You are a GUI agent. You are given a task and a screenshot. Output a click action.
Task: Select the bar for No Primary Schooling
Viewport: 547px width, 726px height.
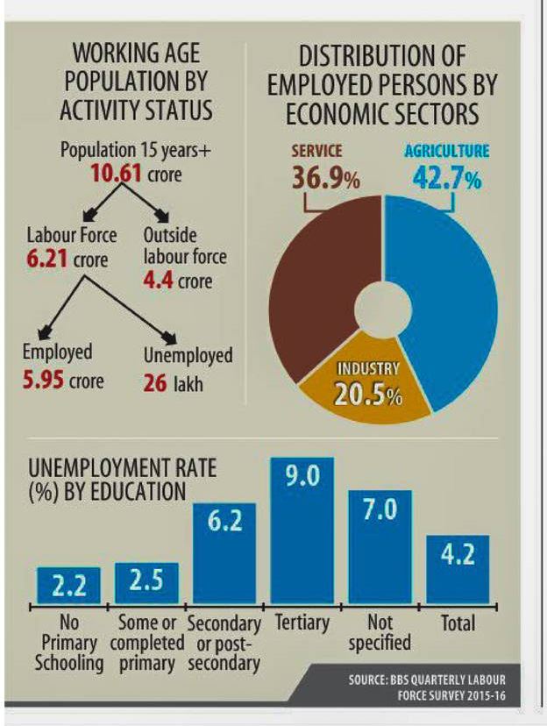click(68, 586)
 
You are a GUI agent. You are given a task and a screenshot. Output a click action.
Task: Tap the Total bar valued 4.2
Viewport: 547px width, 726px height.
click(458, 569)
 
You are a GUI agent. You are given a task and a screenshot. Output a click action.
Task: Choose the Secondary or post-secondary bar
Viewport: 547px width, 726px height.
click(224, 553)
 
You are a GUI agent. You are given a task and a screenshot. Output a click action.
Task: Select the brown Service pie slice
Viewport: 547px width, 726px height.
click(311, 281)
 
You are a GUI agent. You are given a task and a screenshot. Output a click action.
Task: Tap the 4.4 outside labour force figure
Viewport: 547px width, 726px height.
click(160, 281)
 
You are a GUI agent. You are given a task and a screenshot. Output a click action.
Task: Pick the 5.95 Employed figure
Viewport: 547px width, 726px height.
click(43, 381)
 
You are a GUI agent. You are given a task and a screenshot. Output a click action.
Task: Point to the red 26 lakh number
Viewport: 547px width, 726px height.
click(155, 382)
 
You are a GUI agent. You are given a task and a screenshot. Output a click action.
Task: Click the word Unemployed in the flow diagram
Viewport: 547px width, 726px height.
click(187, 355)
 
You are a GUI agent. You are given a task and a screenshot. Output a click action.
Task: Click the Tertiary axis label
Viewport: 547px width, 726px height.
click(301, 623)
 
